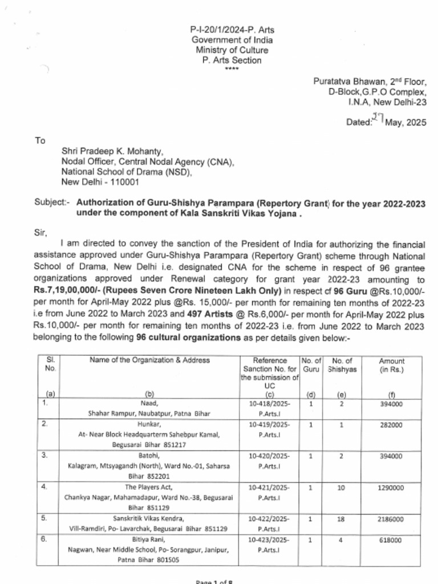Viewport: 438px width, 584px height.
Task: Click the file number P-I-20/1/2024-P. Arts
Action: tap(232, 30)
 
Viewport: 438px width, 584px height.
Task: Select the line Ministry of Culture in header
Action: tap(232, 50)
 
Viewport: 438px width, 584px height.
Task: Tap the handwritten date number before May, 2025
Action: tap(377, 118)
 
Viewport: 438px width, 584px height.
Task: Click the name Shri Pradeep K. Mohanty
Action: tap(112, 152)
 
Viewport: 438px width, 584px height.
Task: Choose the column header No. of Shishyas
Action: tap(342, 365)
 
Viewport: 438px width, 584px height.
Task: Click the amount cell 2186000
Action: tap(391, 519)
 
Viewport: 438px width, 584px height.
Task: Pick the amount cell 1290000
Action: tap(391, 488)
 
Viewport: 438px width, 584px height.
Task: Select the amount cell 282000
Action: tap(391, 425)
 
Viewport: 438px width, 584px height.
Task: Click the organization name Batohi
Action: tap(150, 456)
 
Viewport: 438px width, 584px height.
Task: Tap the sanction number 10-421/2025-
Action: tap(270, 488)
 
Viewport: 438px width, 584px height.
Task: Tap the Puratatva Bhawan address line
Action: tap(369, 82)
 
